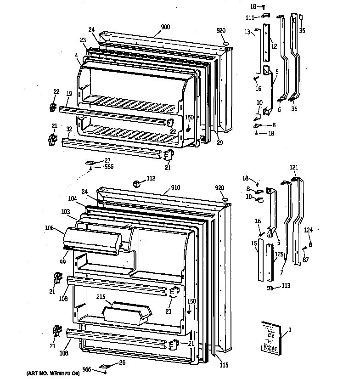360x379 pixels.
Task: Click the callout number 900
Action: [165, 27]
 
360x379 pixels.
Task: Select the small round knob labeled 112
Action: [136, 184]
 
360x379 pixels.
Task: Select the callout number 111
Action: [249, 17]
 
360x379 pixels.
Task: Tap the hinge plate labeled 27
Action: [92, 163]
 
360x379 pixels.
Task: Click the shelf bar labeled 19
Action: [110, 115]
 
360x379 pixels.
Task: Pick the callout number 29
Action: [219, 142]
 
